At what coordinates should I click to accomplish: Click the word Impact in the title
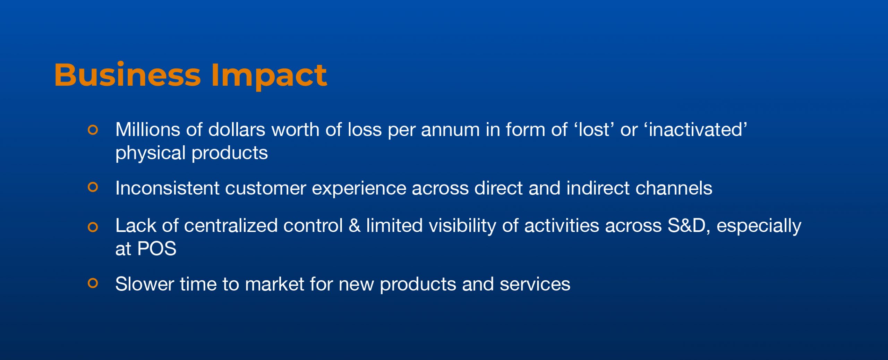click(x=269, y=76)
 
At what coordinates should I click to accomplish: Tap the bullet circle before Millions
click(x=93, y=130)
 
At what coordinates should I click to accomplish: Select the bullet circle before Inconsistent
click(x=93, y=187)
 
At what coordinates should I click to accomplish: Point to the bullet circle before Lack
click(x=93, y=227)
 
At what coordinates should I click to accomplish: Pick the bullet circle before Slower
click(x=93, y=283)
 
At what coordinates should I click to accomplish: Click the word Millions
click(x=148, y=130)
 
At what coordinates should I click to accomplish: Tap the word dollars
click(x=237, y=130)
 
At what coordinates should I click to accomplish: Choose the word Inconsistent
click(x=168, y=188)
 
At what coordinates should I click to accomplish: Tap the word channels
click(x=674, y=188)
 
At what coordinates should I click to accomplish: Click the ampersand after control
click(x=355, y=226)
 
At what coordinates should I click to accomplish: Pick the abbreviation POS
click(x=157, y=249)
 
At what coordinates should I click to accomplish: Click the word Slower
click(x=145, y=284)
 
